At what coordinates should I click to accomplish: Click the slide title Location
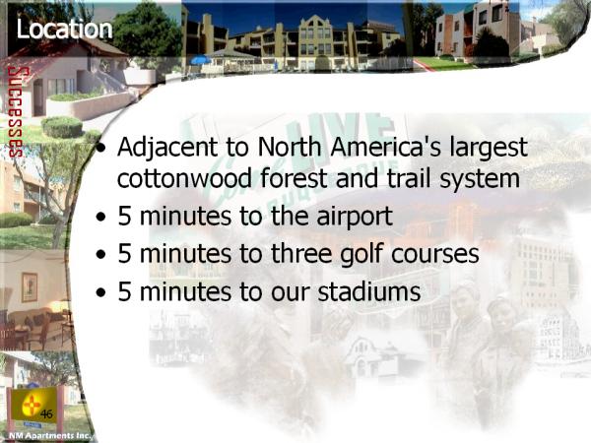pyautogui.click(x=64, y=29)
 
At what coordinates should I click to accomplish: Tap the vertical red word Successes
pyautogui.click(x=16, y=112)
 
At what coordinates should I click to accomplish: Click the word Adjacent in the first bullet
pyautogui.click(x=167, y=148)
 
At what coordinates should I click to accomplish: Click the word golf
pyautogui.click(x=361, y=254)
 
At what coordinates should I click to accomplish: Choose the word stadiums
pyautogui.click(x=369, y=291)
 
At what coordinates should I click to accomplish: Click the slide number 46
pyautogui.click(x=46, y=414)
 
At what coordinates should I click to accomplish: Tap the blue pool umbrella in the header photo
pyautogui.click(x=201, y=59)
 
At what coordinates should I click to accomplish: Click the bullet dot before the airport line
pyautogui.click(x=100, y=218)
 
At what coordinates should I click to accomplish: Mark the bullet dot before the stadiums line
pyautogui.click(x=100, y=292)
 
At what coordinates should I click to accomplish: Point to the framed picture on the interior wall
pyautogui.click(x=30, y=287)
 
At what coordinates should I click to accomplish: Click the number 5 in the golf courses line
pyautogui.click(x=124, y=253)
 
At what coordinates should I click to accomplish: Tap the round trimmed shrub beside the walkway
pyautogui.click(x=62, y=127)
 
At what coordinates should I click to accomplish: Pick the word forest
pyautogui.click(x=294, y=178)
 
